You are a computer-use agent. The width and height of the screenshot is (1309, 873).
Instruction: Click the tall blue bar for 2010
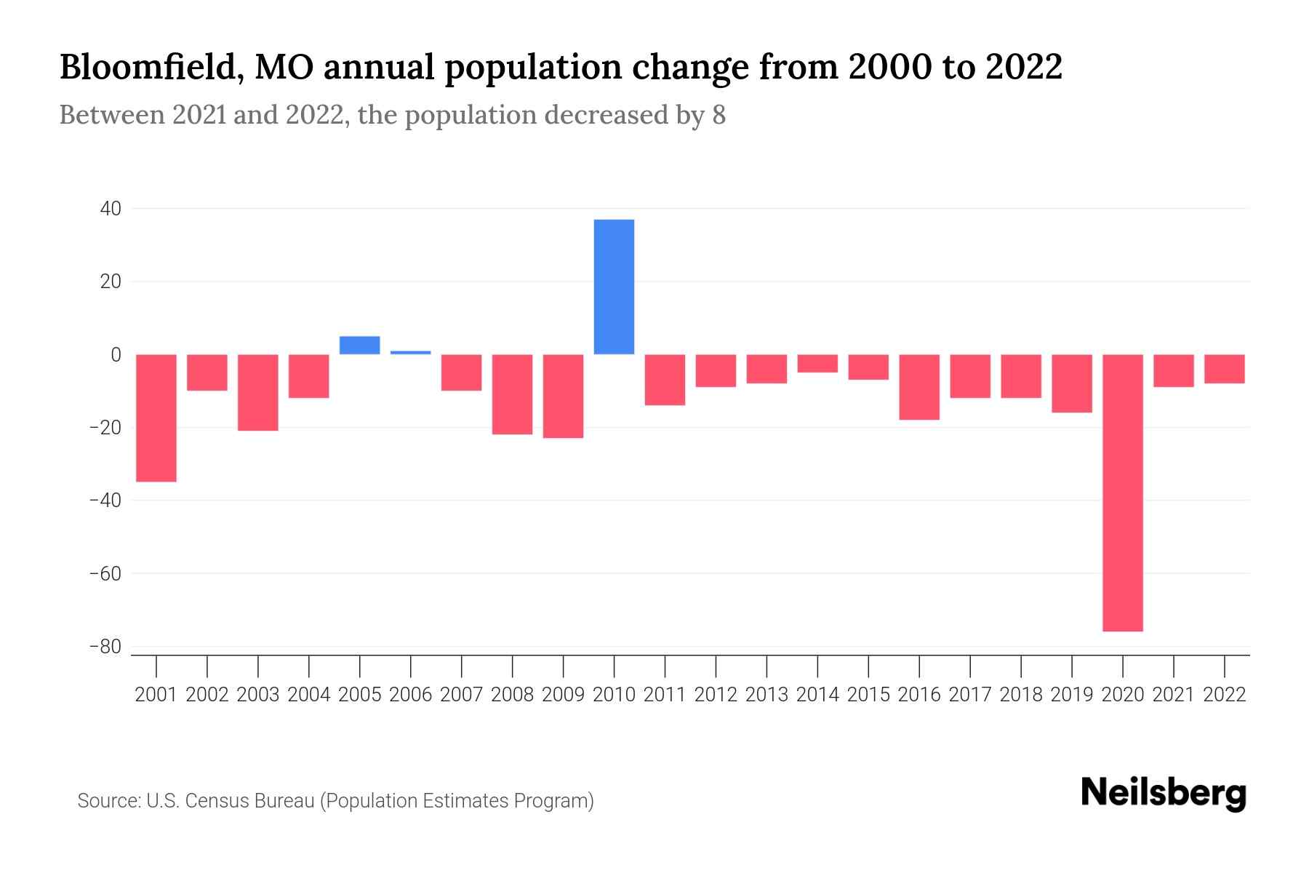[x=614, y=287]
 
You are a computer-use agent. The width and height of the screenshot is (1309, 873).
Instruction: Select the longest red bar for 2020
[x=1123, y=493]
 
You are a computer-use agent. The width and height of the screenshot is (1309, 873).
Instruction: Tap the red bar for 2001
[x=156, y=418]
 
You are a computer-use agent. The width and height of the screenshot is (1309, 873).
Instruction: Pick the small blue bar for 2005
[x=360, y=346]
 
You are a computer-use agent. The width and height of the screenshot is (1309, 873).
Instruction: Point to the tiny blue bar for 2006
[x=411, y=353]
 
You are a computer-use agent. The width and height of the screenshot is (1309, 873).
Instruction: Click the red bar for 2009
[x=563, y=396]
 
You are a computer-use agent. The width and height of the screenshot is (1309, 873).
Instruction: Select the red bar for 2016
[x=919, y=387]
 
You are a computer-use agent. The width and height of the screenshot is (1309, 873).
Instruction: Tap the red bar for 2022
[x=1225, y=369]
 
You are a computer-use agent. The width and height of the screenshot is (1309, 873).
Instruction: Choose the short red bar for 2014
[x=817, y=364]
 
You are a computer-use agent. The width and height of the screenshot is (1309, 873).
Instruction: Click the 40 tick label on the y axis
[x=111, y=209]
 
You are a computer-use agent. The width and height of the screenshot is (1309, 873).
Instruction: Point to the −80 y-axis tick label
[x=105, y=647]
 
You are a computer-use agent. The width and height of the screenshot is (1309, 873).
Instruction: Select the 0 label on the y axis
[x=116, y=354]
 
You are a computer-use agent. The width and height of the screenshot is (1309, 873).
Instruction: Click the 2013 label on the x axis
[x=766, y=695]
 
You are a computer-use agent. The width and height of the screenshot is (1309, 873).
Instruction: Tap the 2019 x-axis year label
[x=1072, y=695]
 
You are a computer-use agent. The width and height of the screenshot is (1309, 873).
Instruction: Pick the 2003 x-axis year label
[x=258, y=695]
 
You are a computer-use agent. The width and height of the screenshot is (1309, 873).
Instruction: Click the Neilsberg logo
[x=1164, y=793]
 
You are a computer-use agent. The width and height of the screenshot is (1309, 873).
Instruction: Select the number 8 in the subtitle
[x=718, y=116]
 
